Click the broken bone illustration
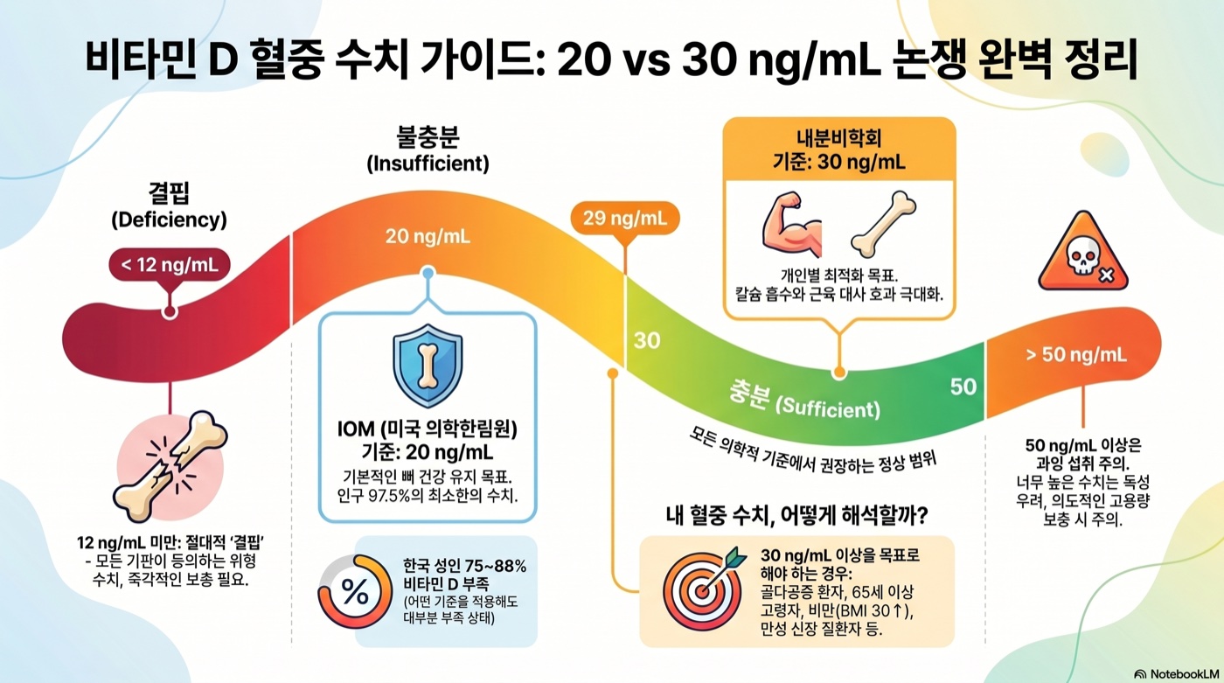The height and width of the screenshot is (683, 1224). pos(170,466)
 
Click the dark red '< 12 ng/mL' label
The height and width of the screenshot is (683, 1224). pos(170,265)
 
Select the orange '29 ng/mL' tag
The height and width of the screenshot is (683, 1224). pos(623,220)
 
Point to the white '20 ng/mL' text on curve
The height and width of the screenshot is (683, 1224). pos(428,236)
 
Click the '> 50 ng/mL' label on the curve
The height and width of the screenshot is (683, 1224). pos(1075,354)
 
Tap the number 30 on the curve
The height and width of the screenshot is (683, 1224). pos(646,341)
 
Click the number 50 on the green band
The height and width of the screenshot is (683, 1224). pos(963,387)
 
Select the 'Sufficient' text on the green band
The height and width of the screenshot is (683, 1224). pos(827,407)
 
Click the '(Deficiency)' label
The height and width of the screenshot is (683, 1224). pos(169,220)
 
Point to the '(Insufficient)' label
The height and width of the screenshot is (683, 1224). pos(428,164)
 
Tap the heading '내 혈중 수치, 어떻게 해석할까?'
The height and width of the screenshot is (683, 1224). pos(796,517)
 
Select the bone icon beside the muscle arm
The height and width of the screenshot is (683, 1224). pos(882,223)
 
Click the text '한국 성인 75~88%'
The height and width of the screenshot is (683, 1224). pos(464,566)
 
